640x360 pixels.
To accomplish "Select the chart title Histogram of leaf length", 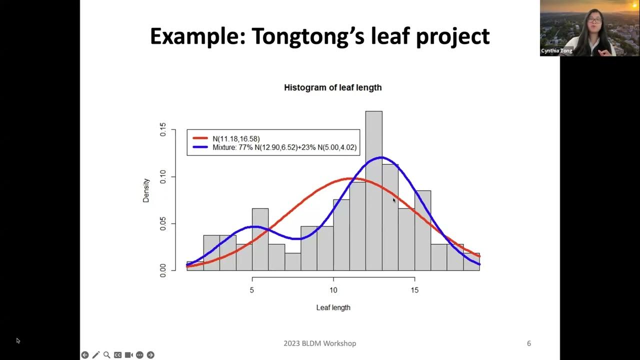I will click(x=332, y=87).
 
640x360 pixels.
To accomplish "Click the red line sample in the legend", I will click(x=200, y=138).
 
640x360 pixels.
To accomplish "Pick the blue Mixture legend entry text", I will click(x=284, y=148).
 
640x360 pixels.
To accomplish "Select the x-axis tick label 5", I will click(x=252, y=290).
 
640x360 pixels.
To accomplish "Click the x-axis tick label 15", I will click(x=414, y=290).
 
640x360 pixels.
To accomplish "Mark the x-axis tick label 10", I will click(x=333, y=290).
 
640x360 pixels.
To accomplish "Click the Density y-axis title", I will click(x=146, y=190).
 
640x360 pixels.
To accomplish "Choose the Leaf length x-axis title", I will click(x=333, y=307).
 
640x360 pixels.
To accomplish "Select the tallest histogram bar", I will click(x=374, y=190).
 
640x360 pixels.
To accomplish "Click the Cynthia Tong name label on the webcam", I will click(x=556, y=51).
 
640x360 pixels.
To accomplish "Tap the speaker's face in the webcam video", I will click(x=593, y=22).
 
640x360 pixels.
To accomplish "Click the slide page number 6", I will click(x=529, y=343).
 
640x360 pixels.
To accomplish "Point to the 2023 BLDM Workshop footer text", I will click(x=319, y=343).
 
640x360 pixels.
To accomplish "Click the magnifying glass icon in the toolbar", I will click(x=106, y=355).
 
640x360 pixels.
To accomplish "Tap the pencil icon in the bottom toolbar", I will click(x=95, y=355).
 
